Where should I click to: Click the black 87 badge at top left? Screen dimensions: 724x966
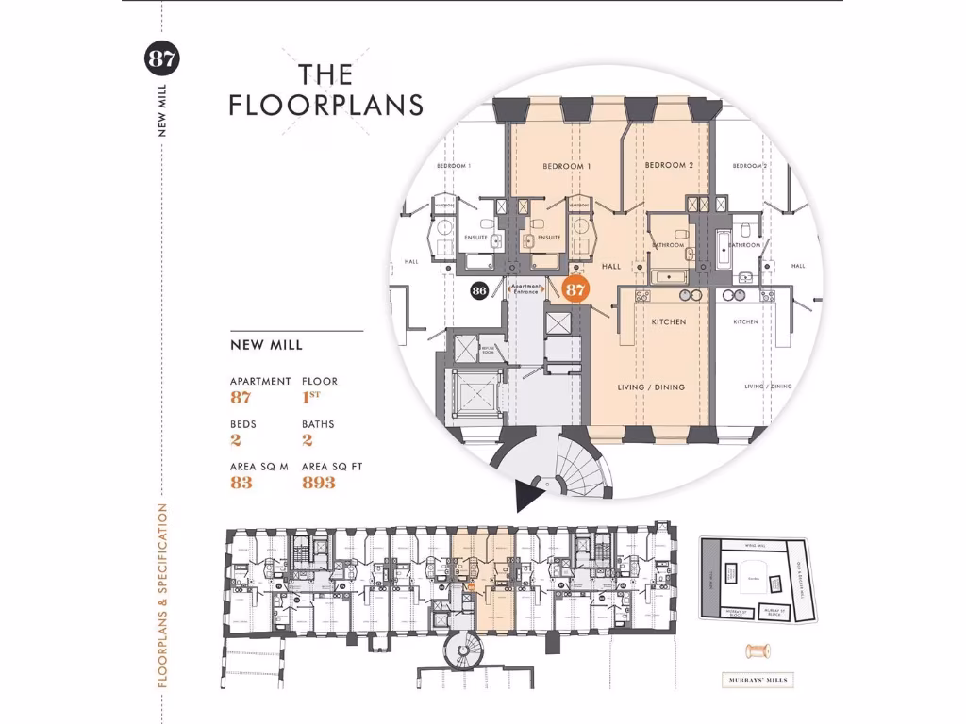click(x=161, y=59)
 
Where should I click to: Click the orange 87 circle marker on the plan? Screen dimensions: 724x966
click(x=575, y=288)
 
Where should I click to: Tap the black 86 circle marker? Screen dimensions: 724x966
click(x=479, y=290)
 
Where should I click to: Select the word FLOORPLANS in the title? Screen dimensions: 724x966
click(x=325, y=105)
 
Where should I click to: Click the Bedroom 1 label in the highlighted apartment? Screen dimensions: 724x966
click(x=567, y=167)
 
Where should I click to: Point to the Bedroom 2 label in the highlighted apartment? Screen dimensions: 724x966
click(x=669, y=166)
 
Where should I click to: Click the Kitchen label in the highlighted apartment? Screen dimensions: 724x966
click(x=669, y=322)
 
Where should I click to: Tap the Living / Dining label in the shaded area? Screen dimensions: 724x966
click(x=651, y=387)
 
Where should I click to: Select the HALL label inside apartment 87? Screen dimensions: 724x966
click(x=611, y=267)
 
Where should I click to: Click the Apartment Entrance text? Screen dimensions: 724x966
click(x=526, y=288)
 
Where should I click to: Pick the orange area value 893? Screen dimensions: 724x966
click(x=319, y=483)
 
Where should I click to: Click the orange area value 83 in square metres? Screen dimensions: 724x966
click(x=241, y=483)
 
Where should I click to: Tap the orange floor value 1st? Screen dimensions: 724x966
click(x=310, y=397)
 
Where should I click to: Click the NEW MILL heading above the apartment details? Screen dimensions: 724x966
click(x=266, y=345)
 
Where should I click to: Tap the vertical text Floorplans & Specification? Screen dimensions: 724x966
click(x=162, y=594)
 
